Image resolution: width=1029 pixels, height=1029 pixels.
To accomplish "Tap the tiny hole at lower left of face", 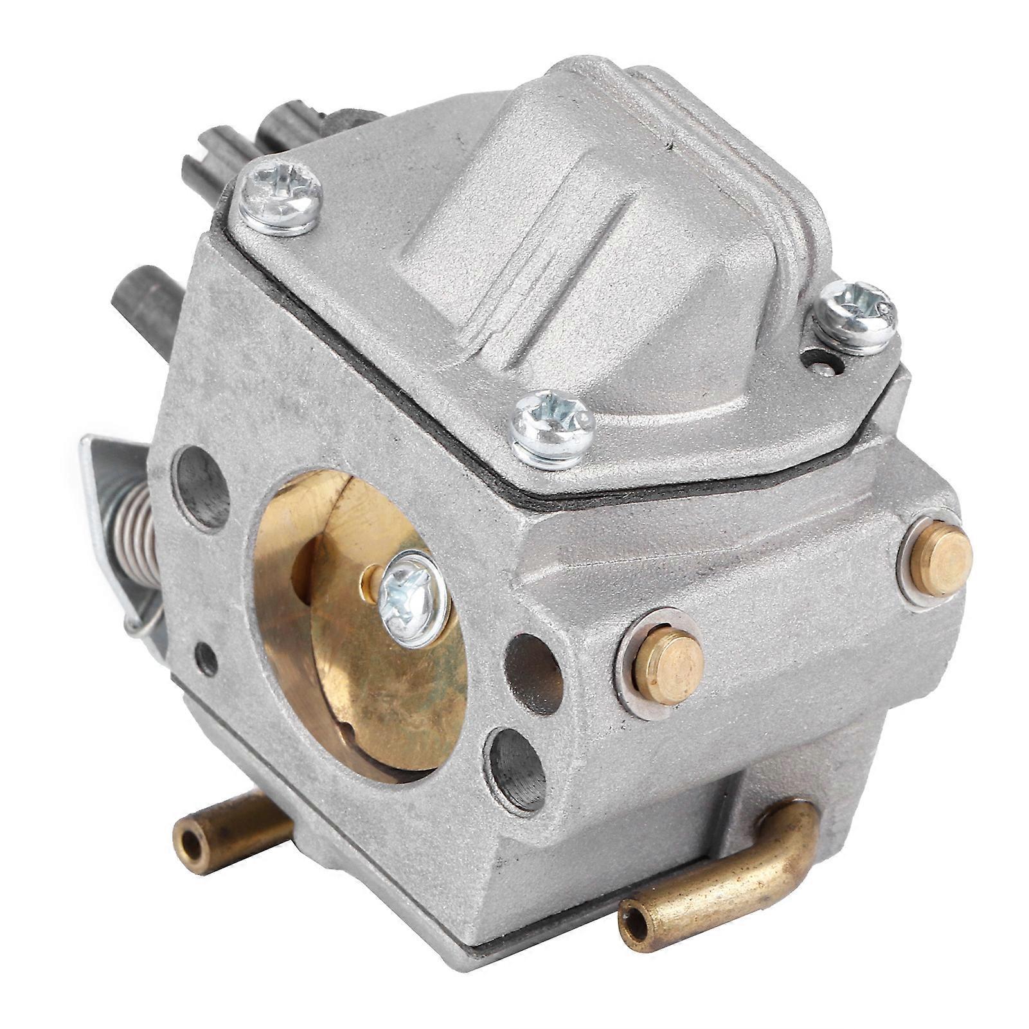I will point(206,659).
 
